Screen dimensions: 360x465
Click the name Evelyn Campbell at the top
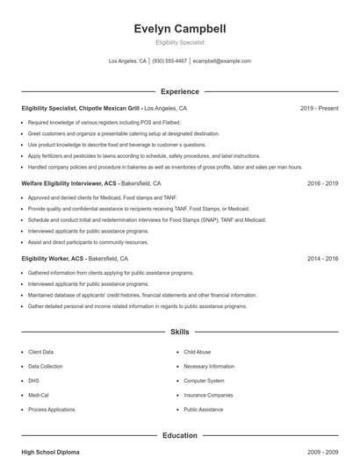pos(180,29)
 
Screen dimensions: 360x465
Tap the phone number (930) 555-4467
pos(169,61)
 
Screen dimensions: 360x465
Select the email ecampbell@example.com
pos(222,61)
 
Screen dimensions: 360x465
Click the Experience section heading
pos(180,91)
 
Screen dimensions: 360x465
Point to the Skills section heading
pos(180,333)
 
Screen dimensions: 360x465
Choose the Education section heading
pos(180,435)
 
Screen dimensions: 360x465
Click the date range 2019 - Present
pos(319,108)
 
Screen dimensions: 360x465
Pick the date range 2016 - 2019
pos(322,184)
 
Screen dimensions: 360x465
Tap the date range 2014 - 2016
pos(322,259)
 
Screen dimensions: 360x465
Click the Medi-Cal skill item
pos(40,395)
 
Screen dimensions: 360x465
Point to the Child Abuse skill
pos(198,352)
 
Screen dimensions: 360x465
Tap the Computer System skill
pos(204,381)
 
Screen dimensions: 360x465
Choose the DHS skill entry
pos(34,381)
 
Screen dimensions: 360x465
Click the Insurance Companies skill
pos(207,395)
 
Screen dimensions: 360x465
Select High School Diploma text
pos(50,452)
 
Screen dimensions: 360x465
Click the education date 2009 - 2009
pos(322,452)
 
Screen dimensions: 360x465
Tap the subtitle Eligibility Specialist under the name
pos(180,42)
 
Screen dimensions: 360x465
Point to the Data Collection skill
pos(46,366)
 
